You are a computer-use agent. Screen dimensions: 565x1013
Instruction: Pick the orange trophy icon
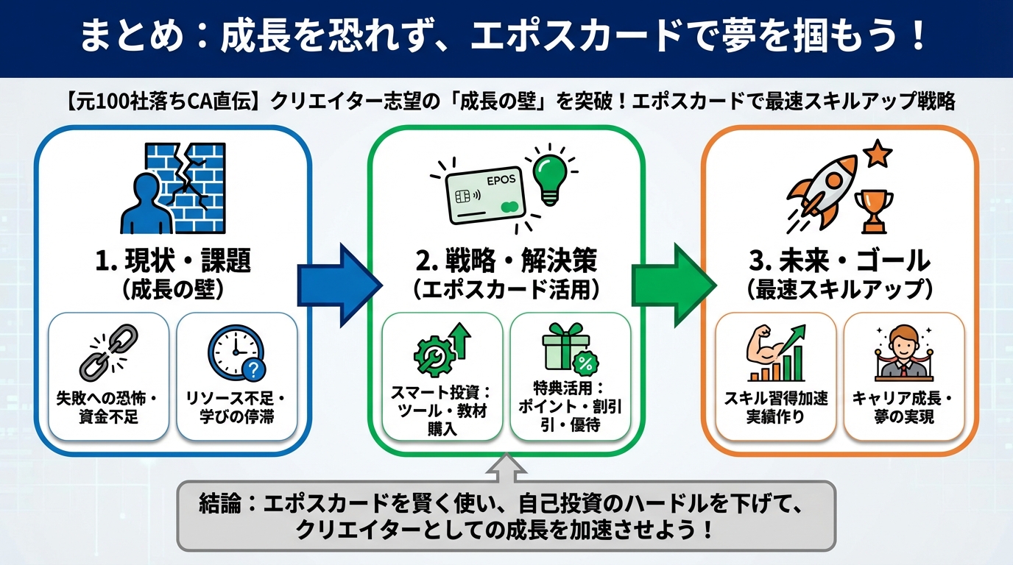click(874, 210)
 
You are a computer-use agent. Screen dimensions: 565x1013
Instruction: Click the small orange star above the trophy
click(878, 155)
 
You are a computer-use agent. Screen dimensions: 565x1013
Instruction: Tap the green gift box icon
click(568, 350)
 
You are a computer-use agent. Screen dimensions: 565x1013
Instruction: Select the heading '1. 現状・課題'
click(173, 260)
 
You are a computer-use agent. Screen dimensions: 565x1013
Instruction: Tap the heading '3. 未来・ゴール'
click(839, 260)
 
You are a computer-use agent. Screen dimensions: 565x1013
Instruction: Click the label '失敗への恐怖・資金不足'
click(107, 408)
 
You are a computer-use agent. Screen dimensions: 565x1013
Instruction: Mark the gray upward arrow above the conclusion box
click(507, 466)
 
